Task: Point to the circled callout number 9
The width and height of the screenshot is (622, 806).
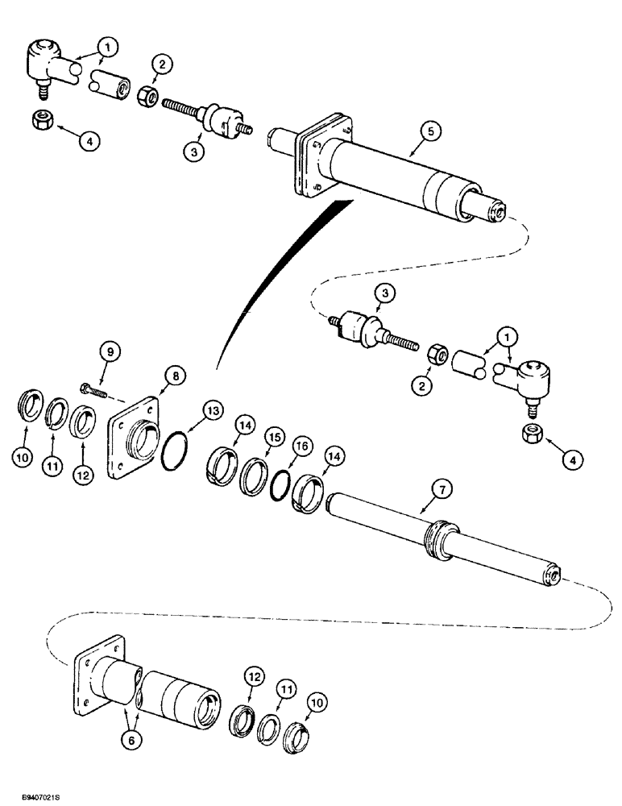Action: (x=111, y=351)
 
